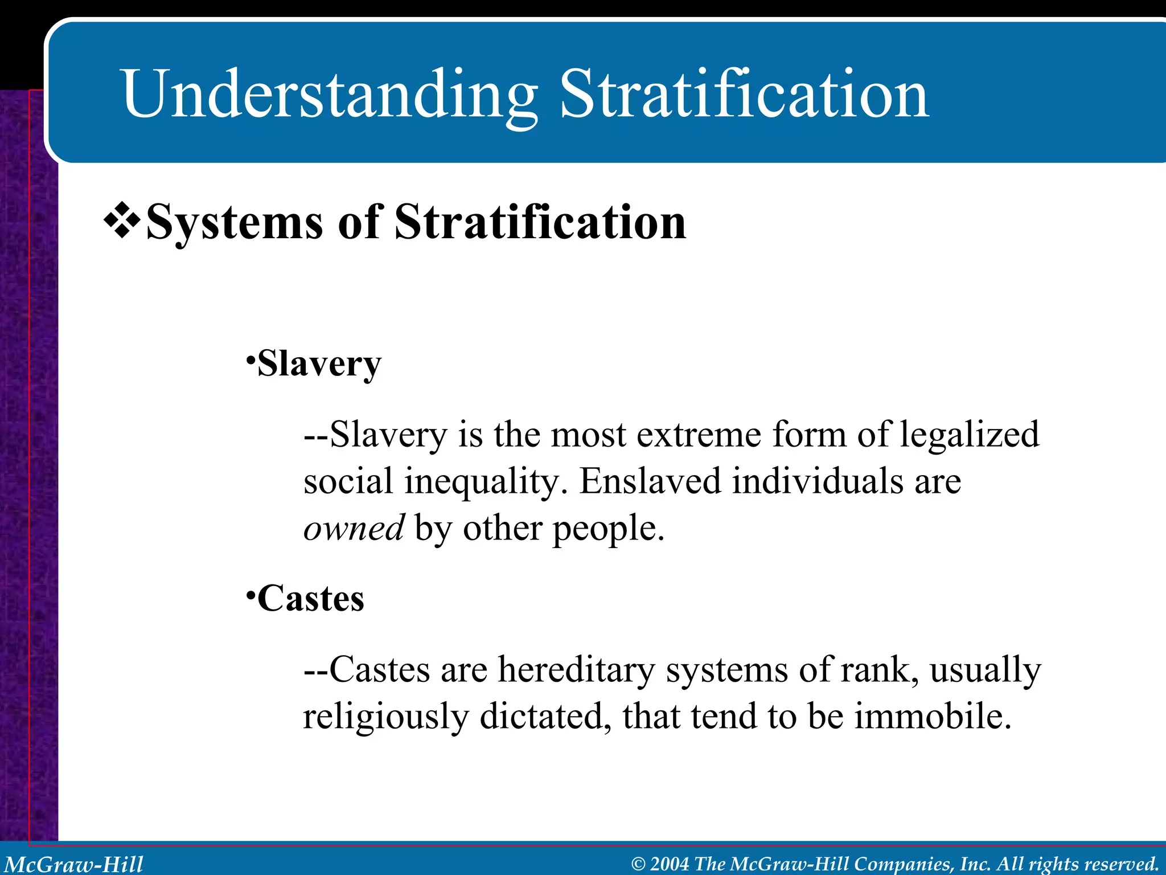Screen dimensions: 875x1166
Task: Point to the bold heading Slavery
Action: coord(319,363)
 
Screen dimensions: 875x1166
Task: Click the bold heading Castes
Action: coord(310,599)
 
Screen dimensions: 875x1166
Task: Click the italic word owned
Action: coord(354,528)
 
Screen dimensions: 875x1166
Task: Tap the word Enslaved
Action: coord(650,481)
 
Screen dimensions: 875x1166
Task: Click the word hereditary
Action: coord(576,669)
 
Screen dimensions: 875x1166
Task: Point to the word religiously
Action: coord(385,717)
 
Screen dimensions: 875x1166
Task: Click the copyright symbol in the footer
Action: coord(638,864)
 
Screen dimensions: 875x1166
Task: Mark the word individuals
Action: coord(818,481)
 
